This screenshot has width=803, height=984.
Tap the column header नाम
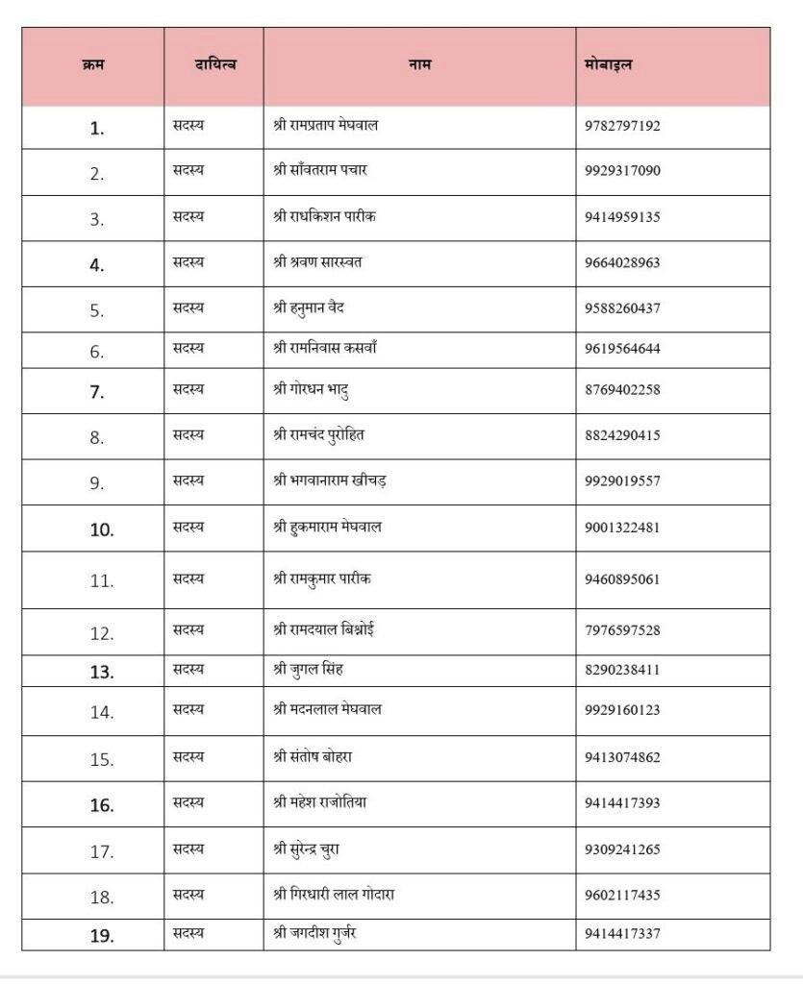click(420, 64)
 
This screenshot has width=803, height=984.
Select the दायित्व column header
click(214, 64)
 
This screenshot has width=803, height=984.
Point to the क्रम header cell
click(93, 64)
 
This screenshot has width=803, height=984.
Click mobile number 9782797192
click(622, 126)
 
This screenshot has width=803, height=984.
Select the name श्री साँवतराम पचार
click(320, 171)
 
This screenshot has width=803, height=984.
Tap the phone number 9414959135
click(622, 217)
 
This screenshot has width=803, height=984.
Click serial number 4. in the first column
click(97, 264)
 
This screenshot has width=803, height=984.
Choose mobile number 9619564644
click(622, 349)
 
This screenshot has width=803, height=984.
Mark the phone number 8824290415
click(622, 435)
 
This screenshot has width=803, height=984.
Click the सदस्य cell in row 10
click(188, 528)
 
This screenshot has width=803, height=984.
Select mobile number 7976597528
click(622, 631)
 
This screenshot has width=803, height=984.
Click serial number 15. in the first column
click(102, 759)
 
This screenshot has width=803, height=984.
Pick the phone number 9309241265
click(622, 849)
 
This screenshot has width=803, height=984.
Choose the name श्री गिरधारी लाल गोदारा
click(335, 896)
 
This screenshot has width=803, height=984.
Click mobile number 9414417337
click(622, 933)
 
